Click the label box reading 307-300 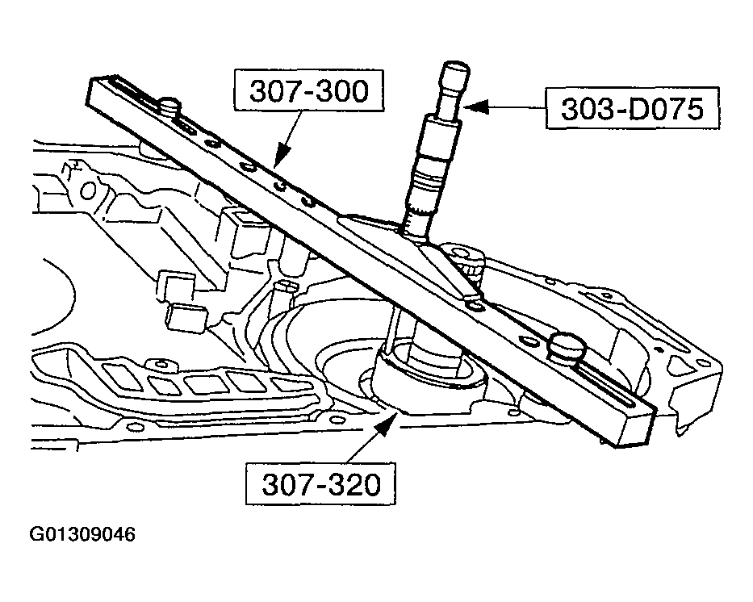(307, 91)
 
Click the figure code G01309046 (82, 535)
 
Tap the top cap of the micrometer (453, 73)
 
